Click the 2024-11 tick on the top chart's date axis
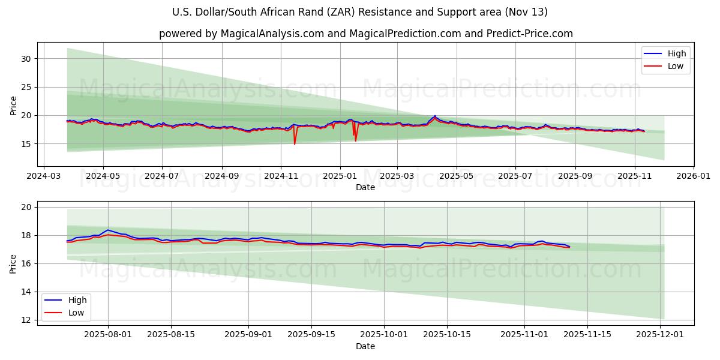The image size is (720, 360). point(281,177)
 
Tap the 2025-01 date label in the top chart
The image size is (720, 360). point(340,177)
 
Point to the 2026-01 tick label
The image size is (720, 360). point(694,177)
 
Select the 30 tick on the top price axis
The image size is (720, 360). point(26,59)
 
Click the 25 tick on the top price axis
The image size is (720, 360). point(26,87)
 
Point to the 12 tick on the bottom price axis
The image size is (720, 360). point(26,320)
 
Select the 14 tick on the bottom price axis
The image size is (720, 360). point(26,292)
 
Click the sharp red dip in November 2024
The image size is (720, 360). point(295,143)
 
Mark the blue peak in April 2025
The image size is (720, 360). point(435,116)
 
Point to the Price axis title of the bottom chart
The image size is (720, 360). point(13,263)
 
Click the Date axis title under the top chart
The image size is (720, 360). point(365,188)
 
